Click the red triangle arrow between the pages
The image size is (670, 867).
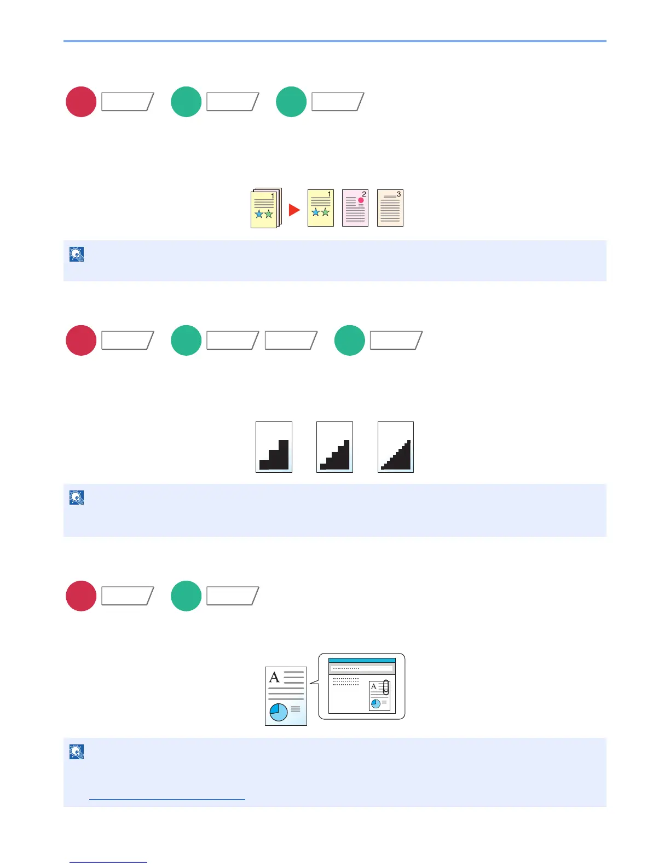(x=294, y=210)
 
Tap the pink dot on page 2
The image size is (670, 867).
(x=361, y=200)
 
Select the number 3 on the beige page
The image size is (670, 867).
(x=398, y=194)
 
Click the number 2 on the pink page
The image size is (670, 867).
(x=364, y=194)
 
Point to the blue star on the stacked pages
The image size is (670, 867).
(x=259, y=215)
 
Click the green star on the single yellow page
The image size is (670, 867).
(x=325, y=212)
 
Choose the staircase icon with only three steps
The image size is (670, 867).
(x=274, y=454)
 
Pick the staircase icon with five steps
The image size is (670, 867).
(x=334, y=455)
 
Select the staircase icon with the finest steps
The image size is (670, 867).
(x=396, y=455)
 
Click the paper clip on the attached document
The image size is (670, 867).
(x=386, y=687)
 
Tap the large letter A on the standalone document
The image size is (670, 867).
(x=275, y=678)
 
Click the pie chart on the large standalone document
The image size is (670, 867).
(x=279, y=712)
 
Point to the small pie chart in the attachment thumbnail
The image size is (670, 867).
(x=376, y=704)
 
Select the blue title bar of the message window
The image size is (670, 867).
(x=362, y=661)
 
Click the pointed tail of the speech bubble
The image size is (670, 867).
(x=313, y=683)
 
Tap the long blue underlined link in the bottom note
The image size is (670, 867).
(x=167, y=799)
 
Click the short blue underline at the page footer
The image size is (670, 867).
(x=108, y=862)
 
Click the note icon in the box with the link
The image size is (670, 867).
(x=77, y=752)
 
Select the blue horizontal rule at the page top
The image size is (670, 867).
(x=335, y=41)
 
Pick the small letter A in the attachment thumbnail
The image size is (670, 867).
(x=374, y=686)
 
